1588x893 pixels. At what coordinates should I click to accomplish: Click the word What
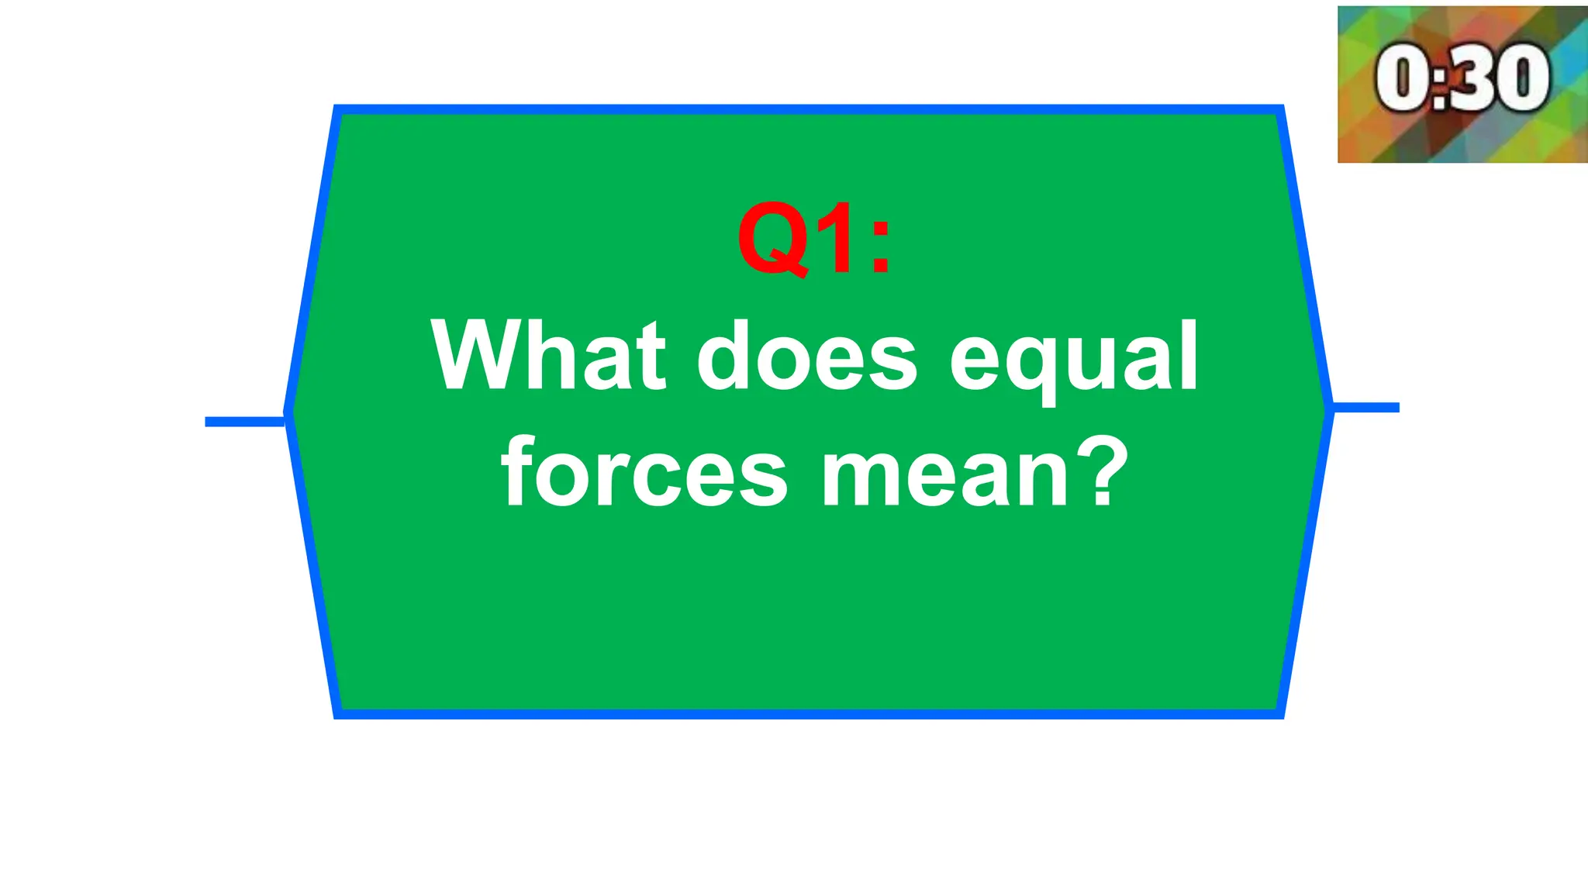[548, 356]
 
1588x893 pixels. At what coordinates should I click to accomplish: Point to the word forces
[644, 472]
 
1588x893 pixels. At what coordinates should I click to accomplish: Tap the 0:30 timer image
[1462, 84]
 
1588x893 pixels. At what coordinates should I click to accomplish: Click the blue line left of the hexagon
[245, 422]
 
